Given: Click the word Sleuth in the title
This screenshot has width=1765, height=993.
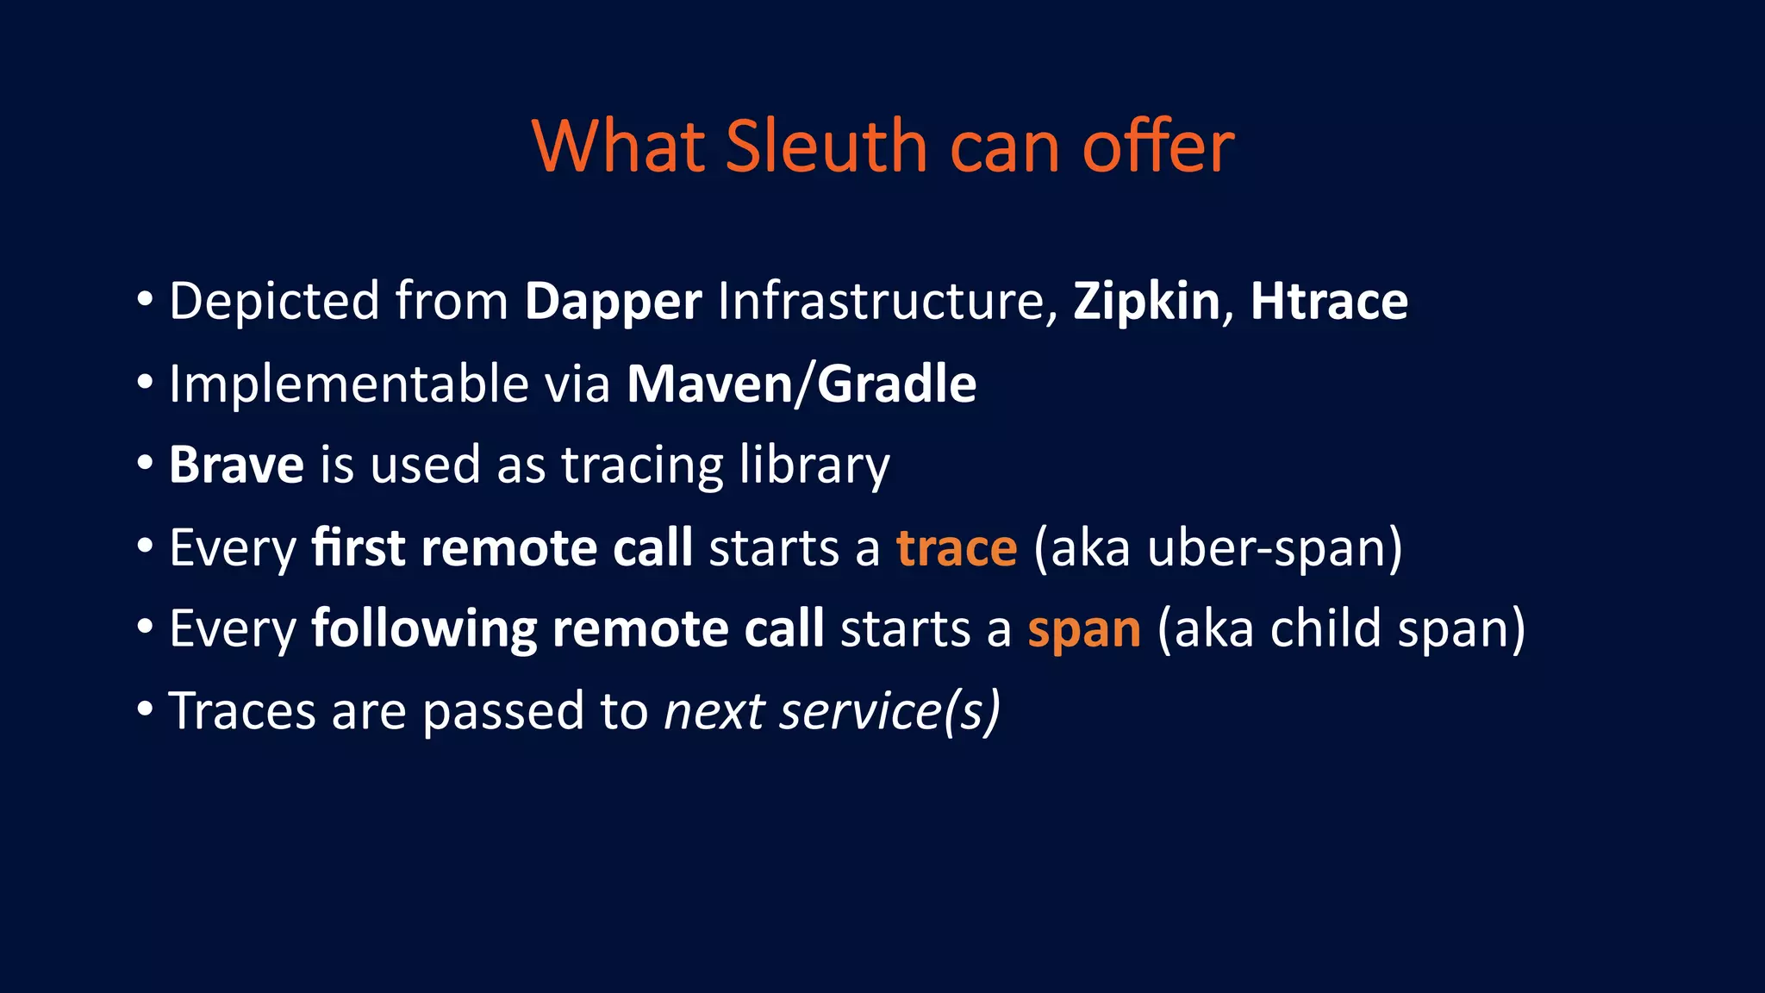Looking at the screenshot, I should [826, 147].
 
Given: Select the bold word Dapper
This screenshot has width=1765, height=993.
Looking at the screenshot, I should [613, 303].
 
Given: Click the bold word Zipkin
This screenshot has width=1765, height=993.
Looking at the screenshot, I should [1146, 303].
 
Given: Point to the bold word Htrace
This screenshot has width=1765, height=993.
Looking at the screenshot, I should [1329, 302].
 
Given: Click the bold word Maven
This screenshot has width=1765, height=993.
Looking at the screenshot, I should [709, 384].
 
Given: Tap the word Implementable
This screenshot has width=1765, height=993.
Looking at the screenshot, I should [348, 384].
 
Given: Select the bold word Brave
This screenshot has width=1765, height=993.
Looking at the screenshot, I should [236, 465].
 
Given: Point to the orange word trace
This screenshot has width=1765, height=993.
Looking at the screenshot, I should [957, 548].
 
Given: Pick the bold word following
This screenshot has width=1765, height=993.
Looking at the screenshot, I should [424, 629].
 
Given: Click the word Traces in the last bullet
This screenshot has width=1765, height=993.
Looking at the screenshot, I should [242, 711].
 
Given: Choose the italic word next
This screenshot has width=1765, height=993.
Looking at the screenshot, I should [714, 712].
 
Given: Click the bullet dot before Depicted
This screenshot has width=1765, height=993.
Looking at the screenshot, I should [145, 301].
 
